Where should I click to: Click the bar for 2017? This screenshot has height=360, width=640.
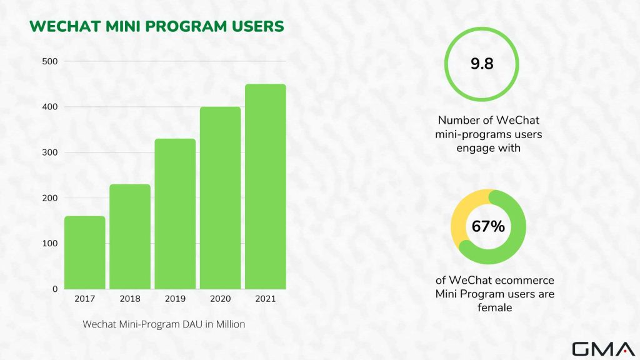(x=85, y=252)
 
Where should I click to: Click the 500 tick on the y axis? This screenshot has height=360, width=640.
(x=50, y=61)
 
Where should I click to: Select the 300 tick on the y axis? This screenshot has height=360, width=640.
(x=50, y=152)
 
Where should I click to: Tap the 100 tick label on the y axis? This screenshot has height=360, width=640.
(x=50, y=243)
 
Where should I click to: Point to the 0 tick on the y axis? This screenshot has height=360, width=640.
(x=55, y=289)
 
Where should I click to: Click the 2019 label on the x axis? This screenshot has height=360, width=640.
(x=175, y=299)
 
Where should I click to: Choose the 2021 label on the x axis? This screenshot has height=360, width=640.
(x=265, y=299)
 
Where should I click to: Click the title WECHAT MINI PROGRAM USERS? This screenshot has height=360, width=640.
(x=156, y=26)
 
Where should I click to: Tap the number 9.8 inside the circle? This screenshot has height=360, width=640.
(x=481, y=64)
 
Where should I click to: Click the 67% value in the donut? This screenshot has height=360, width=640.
(x=488, y=227)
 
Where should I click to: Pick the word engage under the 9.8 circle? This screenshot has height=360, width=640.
(x=474, y=149)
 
